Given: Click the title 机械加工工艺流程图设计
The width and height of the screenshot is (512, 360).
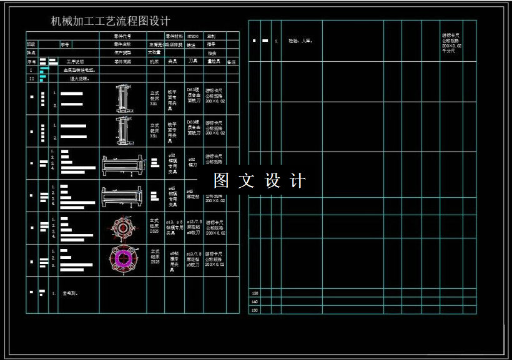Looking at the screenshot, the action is [x=111, y=22].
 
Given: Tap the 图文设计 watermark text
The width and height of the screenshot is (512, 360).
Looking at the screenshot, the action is [x=259, y=180].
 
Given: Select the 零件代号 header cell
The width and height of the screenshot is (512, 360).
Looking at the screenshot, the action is [x=122, y=36].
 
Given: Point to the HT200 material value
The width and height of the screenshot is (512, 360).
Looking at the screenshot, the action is [x=194, y=36].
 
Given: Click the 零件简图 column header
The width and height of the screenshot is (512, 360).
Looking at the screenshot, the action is [x=122, y=62].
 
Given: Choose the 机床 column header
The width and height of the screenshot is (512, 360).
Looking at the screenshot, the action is [x=154, y=62].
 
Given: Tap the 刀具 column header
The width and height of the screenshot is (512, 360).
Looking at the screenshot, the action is [x=194, y=62].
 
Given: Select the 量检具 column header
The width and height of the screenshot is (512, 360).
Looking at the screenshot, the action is [x=214, y=62].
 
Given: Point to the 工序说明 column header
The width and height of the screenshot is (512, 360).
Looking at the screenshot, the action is [x=75, y=62].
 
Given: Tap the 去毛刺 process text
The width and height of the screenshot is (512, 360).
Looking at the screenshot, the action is [x=70, y=293].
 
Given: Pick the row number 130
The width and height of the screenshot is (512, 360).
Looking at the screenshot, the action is [x=255, y=293].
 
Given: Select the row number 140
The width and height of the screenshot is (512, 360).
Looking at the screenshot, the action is [x=255, y=301].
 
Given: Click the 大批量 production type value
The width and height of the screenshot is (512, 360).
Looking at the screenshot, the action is [x=155, y=53].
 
